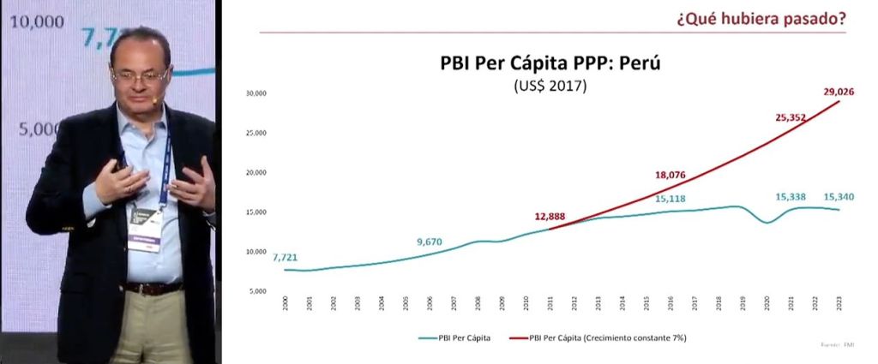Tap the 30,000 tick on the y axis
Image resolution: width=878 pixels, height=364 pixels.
pyautogui.click(x=256, y=92)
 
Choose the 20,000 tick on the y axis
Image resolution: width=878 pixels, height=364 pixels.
pyautogui.click(x=256, y=172)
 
